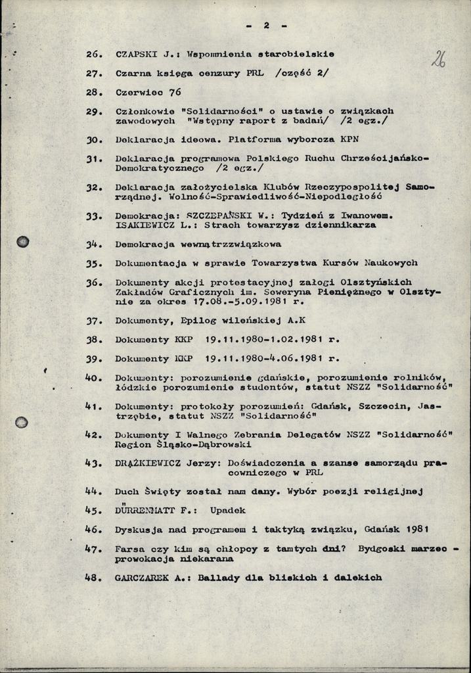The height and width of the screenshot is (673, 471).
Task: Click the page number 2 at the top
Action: (x=266, y=26)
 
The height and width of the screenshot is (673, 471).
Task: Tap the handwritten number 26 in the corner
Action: (x=439, y=60)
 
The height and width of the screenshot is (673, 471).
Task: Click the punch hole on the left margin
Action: (x=23, y=241)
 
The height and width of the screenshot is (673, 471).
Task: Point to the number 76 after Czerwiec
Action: (x=174, y=92)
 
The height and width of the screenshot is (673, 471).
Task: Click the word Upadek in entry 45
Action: (x=228, y=510)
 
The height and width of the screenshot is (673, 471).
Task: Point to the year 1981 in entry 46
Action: (x=418, y=528)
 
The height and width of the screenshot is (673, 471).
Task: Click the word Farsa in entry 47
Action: (x=129, y=548)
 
